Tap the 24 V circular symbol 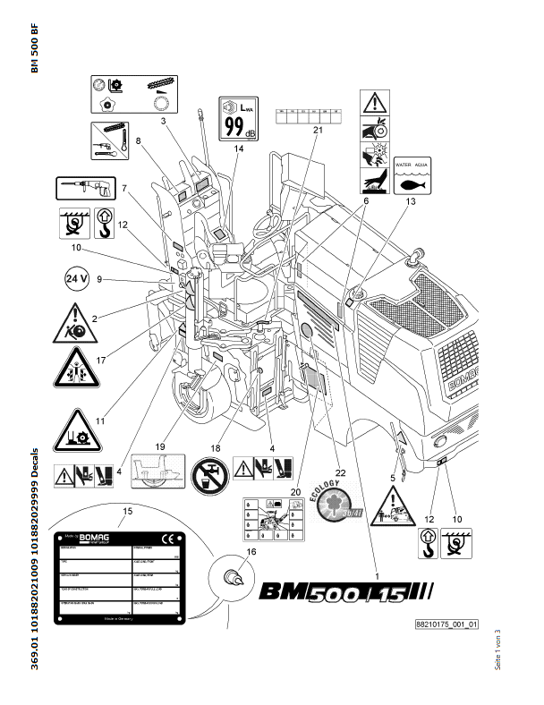click(77, 279)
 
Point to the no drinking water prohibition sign click(208, 469)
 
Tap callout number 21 click(317, 130)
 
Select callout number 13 click(412, 203)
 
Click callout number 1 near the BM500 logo click(377, 565)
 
